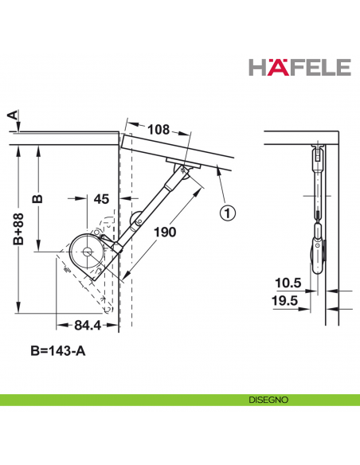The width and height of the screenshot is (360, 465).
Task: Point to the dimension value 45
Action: click(x=101, y=198)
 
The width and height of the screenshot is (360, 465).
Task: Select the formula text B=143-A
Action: click(x=57, y=351)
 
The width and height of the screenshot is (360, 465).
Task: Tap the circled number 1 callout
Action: click(x=227, y=213)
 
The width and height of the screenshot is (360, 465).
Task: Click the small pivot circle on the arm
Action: click(x=136, y=215)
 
